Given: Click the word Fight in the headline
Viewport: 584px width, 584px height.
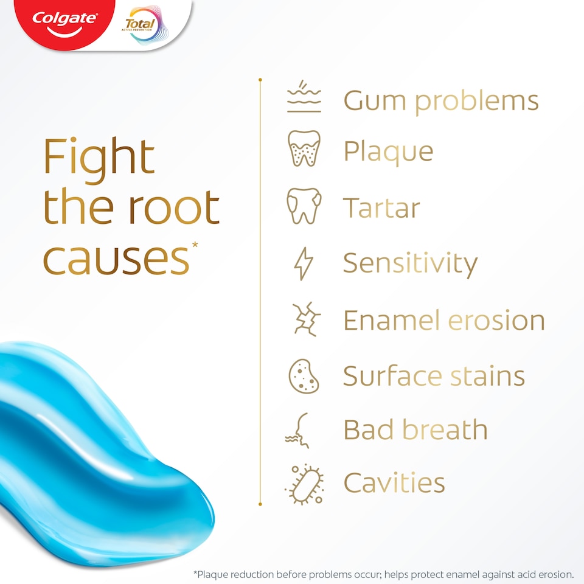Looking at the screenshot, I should pyautogui.click(x=99, y=158).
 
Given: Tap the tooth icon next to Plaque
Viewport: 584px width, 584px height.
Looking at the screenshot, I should pyautogui.click(x=304, y=149).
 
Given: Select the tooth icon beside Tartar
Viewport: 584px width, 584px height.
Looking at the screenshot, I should pyautogui.click(x=304, y=206).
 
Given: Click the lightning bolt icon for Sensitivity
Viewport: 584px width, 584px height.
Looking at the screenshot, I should pyautogui.click(x=304, y=263).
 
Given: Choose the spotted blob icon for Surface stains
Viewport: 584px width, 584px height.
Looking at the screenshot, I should pyautogui.click(x=304, y=376).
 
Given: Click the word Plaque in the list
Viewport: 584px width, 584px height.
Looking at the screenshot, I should pyautogui.click(x=388, y=151).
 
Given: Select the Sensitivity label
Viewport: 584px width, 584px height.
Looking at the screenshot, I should pyautogui.click(x=410, y=263).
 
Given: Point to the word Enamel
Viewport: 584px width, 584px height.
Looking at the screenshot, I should pyautogui.click(x=388, y=320).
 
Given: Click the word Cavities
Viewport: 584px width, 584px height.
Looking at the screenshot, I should pyautogui.click(x=394, y=483).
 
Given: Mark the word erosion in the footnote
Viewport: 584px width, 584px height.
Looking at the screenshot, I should pyautogui.click(x=555, y=574).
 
